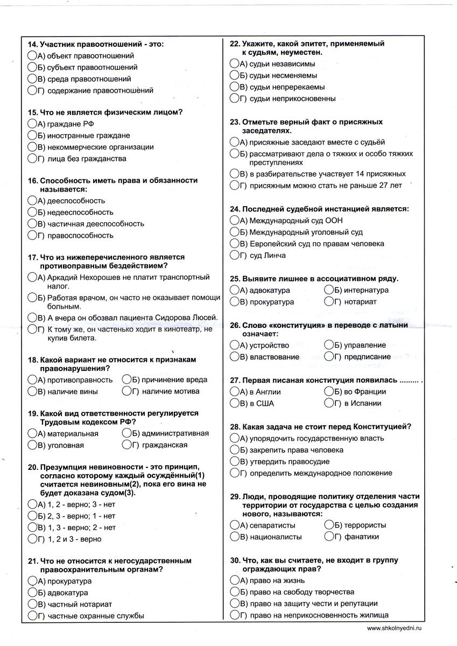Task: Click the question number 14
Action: [31, 44]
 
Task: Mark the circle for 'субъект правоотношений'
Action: [32, 67]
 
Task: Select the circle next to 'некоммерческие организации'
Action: [32, 147]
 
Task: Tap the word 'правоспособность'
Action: [80, 236]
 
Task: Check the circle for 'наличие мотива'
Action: [127, 391]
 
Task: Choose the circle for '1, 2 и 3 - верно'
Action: [32, 539]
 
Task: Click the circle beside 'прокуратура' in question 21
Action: [32, 581]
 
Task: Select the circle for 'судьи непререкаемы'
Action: [234, 87]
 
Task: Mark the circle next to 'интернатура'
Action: [329, 290]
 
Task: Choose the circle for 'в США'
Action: [234, 403]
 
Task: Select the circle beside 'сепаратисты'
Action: [234, 525]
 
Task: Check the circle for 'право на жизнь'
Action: [234, 580]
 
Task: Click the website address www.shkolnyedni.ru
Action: [395, 628]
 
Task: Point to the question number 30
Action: [234, 560]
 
